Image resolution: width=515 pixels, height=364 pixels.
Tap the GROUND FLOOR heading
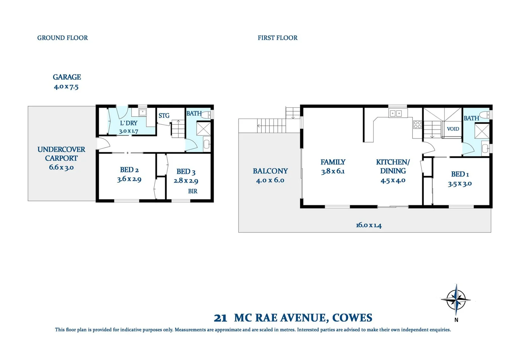62,38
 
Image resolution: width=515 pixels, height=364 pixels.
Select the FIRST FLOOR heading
278,38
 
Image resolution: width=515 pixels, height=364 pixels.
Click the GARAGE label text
67,77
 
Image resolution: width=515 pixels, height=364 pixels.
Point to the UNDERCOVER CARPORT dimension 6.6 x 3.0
61,167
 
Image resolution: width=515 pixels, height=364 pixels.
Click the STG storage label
164,116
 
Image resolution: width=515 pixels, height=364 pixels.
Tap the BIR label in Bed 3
193,191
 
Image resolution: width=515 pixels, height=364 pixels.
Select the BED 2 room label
129,170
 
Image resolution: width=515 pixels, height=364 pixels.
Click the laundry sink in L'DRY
143,112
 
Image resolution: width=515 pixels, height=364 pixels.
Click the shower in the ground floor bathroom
203,129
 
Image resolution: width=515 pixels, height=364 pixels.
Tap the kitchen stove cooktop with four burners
417,125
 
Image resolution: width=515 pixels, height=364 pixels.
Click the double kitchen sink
396,114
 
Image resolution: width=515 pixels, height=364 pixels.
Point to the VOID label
453,129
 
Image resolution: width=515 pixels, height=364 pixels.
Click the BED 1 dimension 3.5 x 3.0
460,184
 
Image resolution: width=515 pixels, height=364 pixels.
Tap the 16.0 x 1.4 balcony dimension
369,225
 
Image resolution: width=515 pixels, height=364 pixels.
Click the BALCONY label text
270,171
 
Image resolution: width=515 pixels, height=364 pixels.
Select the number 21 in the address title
220,318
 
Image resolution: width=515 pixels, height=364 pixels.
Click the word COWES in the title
352,318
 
